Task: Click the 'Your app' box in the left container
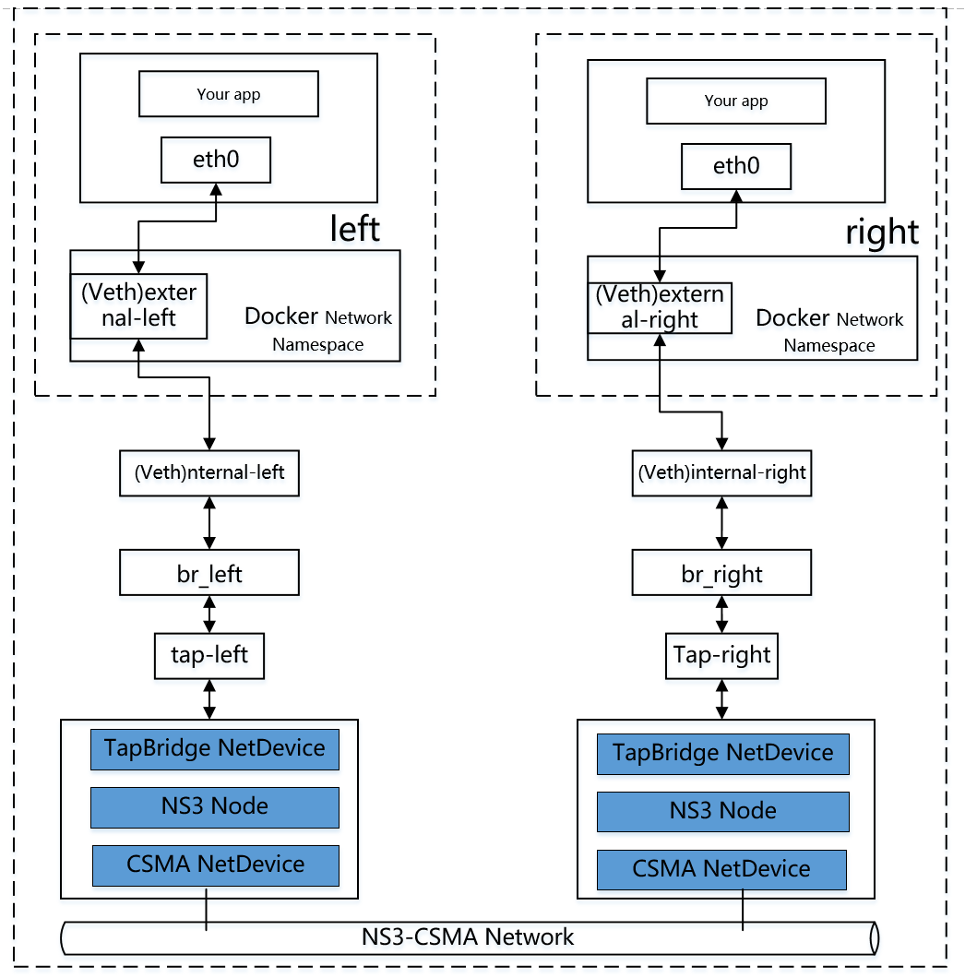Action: (228, 94)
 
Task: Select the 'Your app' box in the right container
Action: (735, 101)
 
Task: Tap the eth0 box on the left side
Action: (216, 160)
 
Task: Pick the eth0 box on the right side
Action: (735, 167)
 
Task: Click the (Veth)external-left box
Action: (138, 305)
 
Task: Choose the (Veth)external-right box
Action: (660, 308)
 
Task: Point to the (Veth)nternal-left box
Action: (209, 473)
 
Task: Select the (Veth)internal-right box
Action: (721, 473)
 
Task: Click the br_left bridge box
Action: (209, 573)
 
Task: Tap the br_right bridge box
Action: (721, 574)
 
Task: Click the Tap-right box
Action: (721, 656)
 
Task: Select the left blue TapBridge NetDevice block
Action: (215, 748)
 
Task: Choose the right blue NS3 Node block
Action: (722, 811)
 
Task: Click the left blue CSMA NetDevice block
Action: (215, 865)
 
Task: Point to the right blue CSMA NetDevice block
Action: (721, 869)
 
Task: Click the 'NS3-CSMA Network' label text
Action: (468, 937)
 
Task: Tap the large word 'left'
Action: (354, 228)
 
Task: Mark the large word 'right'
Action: (882, 233)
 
